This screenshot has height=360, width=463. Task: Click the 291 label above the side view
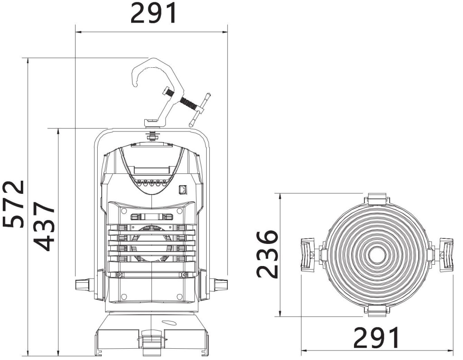click(154, 14)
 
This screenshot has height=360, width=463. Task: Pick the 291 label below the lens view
click(376, 337)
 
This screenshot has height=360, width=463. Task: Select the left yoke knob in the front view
click(307, 255)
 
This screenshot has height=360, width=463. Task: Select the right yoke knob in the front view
click(446, 255)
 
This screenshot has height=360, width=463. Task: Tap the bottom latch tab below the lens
click(377, 309)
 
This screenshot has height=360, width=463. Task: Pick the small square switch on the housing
click(183, 189)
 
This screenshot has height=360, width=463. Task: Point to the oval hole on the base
click(168, 323)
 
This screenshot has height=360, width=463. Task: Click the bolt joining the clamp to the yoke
click(152, 135)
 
